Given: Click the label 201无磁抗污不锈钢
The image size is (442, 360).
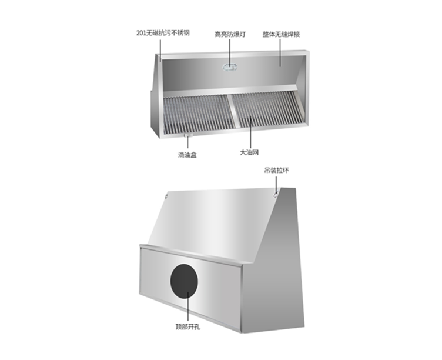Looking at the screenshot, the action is click(x=163, y=33).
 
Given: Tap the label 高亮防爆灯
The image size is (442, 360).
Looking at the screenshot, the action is click(x=230, y=35).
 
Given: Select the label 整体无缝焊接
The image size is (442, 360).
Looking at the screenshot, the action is click(x=281, y=35).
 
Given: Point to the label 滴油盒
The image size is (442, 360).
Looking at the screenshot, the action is click(x=187, y=155).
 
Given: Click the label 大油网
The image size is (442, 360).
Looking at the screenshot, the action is click(x=249, y=152).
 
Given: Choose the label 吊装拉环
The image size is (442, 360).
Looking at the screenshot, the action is click(x=276, y=171).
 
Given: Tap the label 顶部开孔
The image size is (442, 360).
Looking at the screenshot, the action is click(x=187, y=327).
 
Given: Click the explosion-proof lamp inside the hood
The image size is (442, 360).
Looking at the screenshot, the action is click(x=230, y=67).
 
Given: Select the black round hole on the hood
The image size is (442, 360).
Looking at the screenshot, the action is click(x=184, y=281).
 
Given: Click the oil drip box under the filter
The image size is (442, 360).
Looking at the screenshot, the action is click(x=187, y=136).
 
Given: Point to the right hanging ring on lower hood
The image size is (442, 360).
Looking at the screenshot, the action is click(x=276, y=195).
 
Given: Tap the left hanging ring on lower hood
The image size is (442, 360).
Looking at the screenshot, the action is click(x=166, y=195).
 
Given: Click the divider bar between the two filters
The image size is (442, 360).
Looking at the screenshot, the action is click(x=234, y=111).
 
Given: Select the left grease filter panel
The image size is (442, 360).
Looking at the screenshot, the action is click(x=199, y=114).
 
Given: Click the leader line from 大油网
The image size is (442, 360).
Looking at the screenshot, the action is click(x=250, y=132).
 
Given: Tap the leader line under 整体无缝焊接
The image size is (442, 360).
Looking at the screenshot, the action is click(x=280, y=53).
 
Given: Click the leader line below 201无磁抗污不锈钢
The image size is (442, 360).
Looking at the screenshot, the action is click(x=160, y=50).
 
